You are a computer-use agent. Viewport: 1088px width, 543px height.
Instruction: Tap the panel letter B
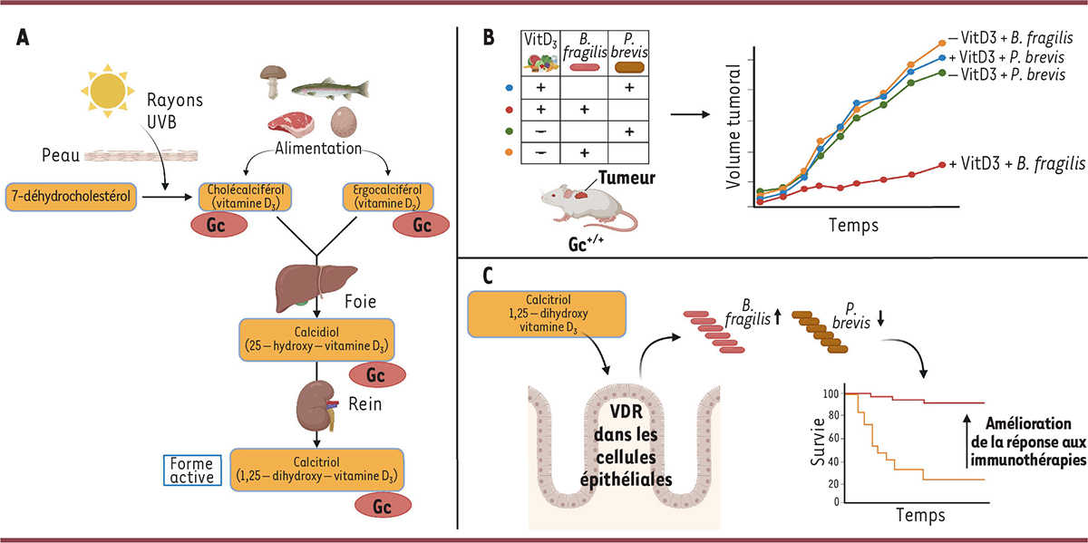(x=489, y=38)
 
